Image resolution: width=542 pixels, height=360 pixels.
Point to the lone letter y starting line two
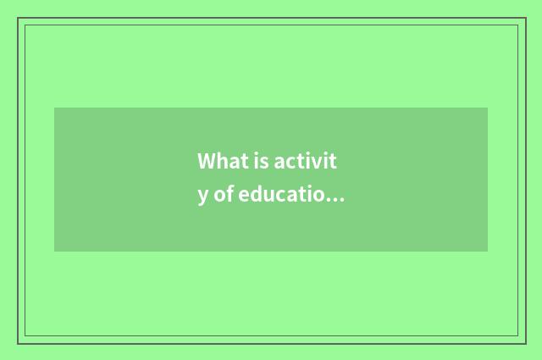coord(203,197)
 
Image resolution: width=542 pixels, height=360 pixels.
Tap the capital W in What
coord(206,161)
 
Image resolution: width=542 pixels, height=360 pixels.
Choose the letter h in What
coord(218,161)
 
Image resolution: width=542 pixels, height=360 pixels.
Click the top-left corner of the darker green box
coord(55,108)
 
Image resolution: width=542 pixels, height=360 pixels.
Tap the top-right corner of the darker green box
coord(487,108)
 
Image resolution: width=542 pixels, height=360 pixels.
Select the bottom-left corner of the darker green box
coord(55,251)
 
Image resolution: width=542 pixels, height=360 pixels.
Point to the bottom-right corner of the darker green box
coord(487,251)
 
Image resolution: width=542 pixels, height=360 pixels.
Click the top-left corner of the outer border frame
coord(18,18)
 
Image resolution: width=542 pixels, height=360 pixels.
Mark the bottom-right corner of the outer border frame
coord(525,343)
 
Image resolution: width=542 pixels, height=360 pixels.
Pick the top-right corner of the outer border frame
coord(525,18)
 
